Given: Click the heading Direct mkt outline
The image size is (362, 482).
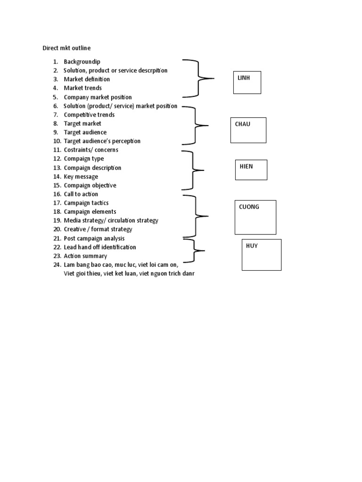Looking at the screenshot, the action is (66, 48).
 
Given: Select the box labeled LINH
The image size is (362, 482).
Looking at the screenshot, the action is (247, 82).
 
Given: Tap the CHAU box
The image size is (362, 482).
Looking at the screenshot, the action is (248, 130).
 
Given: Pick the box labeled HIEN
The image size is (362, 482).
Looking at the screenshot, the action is (251, 169).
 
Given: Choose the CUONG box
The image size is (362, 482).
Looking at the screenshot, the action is (255, 217).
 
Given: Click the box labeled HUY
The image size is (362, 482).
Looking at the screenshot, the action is (261, 255).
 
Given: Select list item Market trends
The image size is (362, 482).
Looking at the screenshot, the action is (82, 88).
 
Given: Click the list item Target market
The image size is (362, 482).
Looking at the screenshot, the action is (82, 123).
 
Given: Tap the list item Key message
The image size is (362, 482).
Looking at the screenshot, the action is (81, 177).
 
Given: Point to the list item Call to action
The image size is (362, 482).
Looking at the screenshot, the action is (81, 194).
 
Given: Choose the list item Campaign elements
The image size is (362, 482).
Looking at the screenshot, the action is (90, 212).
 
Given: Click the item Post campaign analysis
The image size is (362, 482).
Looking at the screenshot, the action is (94, 239).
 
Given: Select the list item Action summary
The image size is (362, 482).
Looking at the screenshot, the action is (85, 256).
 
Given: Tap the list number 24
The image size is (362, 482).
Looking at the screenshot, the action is (57, 265).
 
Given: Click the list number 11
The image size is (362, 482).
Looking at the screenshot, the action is (57, 150).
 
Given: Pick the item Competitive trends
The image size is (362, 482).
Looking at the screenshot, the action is (89, 115).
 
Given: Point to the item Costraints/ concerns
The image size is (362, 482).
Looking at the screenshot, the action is (91, 150).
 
